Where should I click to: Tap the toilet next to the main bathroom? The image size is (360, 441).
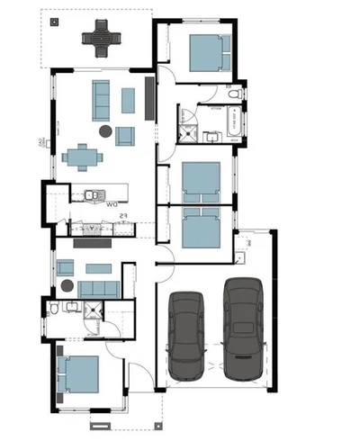click(x=235, y=94)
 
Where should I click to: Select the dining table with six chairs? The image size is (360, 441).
click(x=84, y=157)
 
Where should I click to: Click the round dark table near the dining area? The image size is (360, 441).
click(x=105, y=131)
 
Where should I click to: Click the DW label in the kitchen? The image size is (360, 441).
click(x=112, y=205)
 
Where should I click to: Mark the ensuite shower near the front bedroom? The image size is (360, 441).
click(x=92, y=310)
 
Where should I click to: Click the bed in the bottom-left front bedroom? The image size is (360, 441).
click(x=78, y=374)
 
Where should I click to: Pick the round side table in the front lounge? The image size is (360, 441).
click(x=67, y=286)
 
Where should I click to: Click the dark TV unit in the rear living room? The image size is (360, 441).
click(x=151, y=94)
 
